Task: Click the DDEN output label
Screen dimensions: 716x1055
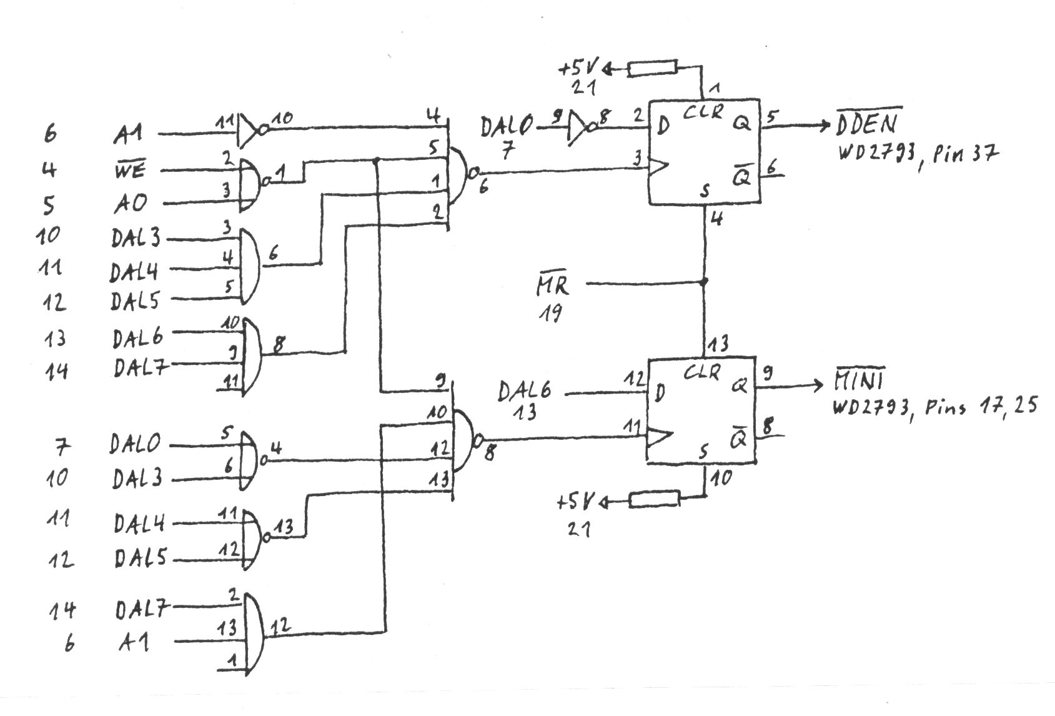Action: pyautogui.click(x=867, y=122)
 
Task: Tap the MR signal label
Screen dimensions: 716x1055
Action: pyautogui.click(x=553, y=286)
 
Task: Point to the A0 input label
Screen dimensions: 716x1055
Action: pyautogui.click(x=131, y=203)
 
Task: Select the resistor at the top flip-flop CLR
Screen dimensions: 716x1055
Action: pyautogui.click(x=653, y=68)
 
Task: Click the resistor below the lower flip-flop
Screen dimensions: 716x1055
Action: pyautogui.click(x=654, y=499)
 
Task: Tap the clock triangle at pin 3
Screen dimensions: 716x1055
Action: pyautogui.click(x=660, y=166)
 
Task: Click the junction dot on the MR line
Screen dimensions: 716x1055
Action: pyautogui.click(x=705, y=282)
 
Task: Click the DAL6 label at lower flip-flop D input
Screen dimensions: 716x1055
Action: pyautogui.click(x=525, y=392)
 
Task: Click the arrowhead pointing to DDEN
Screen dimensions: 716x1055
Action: pyautogui.click(x=825, y=125)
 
